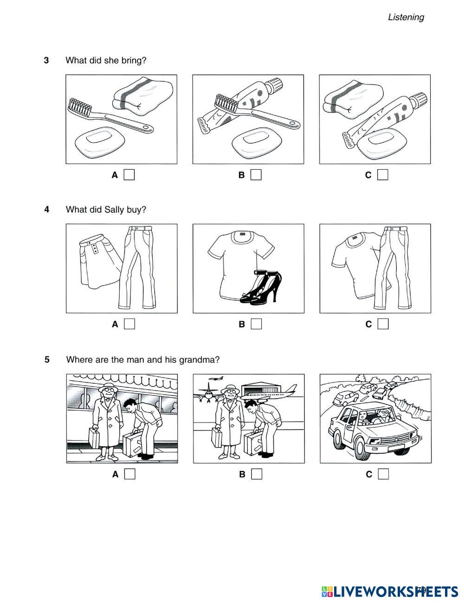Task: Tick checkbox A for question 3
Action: point(129,175)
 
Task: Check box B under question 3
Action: point(256,175)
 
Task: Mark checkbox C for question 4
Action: point(383,324)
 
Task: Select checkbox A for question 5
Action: point(130,474)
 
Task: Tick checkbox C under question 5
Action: point(383,474)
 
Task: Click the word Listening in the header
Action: point(406,17)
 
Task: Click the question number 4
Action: point(46,210)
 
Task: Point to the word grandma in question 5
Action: point(200,359)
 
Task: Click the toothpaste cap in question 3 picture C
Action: point(421,98)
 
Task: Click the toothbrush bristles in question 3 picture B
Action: point(223,103)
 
